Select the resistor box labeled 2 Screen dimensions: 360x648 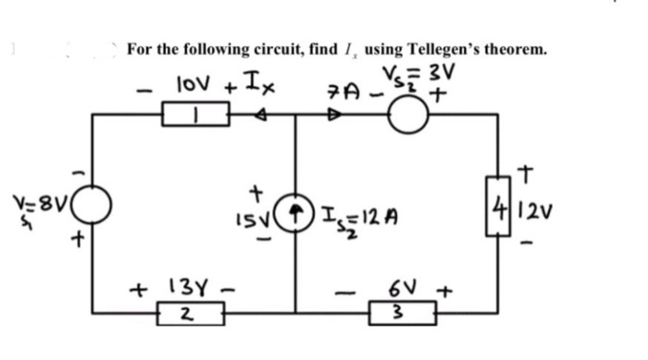click(185, 314)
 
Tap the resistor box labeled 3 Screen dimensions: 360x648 click(393, 314)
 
